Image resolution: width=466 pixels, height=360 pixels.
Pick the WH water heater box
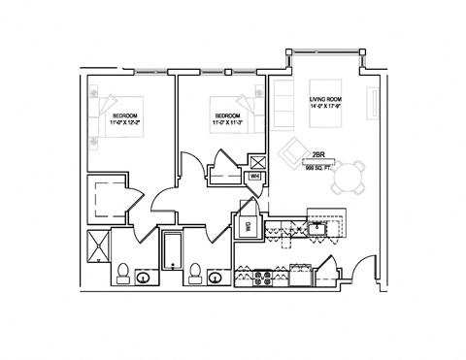(254, 176)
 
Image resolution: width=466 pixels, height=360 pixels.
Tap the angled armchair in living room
(293, 153)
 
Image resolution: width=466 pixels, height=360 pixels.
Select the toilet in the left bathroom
(123, 271)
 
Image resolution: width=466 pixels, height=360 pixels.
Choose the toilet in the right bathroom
(194, 271)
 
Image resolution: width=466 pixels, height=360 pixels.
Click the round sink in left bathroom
(143, 278)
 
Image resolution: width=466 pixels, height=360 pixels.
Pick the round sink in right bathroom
(214, 278)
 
